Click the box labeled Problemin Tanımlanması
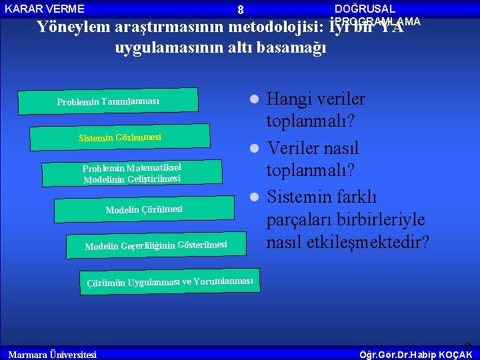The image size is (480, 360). [108, 101]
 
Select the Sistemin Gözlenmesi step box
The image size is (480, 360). [121, 137]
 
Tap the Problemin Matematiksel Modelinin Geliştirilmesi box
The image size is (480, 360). [132, 173]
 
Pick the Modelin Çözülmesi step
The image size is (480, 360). [144, 209]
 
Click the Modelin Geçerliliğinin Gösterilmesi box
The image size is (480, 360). [156, 246]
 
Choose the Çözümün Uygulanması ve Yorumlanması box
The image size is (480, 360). [170, 281]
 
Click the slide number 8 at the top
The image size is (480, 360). [241, 10]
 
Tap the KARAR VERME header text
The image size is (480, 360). [45, 9]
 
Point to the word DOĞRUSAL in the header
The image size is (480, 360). [365, 9]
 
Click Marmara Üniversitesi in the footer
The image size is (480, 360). [52, 354]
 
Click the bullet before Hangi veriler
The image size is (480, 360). [254, 100]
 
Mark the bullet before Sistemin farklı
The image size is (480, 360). [254, 197]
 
